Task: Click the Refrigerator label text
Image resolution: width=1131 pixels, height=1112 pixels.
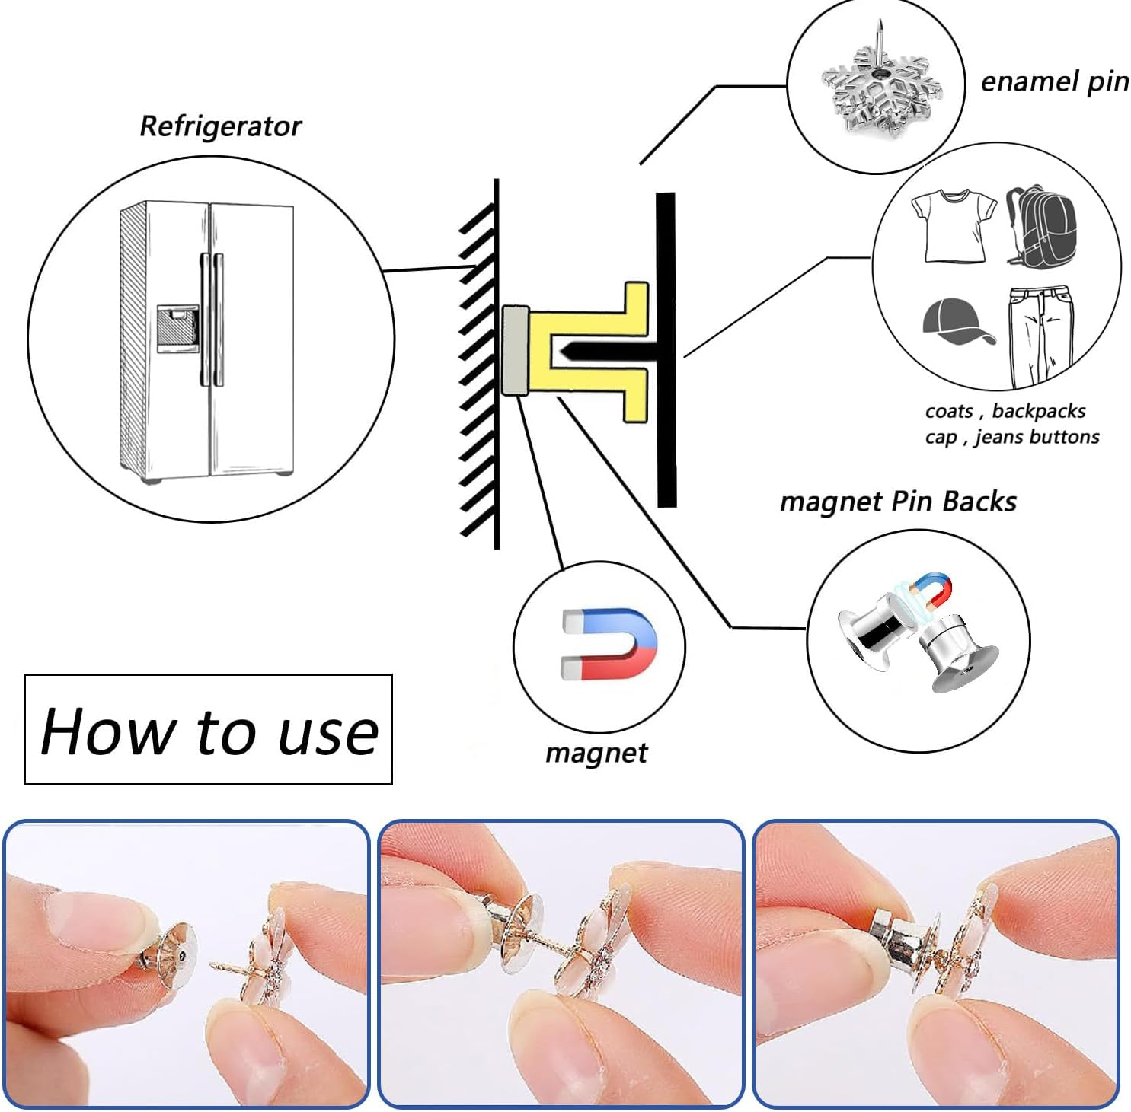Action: click(x=220, y=126)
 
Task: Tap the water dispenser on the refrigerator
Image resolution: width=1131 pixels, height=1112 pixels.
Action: click(x=177, y=328)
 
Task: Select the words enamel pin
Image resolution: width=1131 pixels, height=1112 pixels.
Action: click(x=1054, y=81)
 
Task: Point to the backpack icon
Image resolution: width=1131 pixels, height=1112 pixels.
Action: click(x=1041, y=227)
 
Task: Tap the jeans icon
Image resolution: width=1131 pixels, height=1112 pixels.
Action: click(x=1041, y=337)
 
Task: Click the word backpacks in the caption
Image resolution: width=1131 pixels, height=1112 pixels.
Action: click(x=1039, y=411)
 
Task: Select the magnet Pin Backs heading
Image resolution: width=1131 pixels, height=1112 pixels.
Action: click(x=898, y=502)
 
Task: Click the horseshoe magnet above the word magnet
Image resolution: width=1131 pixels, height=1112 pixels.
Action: click(x=609, y=645)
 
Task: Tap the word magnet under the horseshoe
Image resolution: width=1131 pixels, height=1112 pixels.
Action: click(x=596, y=753)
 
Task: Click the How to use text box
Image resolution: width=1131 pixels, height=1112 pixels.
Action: click(x=208, y=729)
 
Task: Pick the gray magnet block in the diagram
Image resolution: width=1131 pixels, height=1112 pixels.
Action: click(x=516, y=351)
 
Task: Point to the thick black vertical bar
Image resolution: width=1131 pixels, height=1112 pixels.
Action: click(x=666, y=350)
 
